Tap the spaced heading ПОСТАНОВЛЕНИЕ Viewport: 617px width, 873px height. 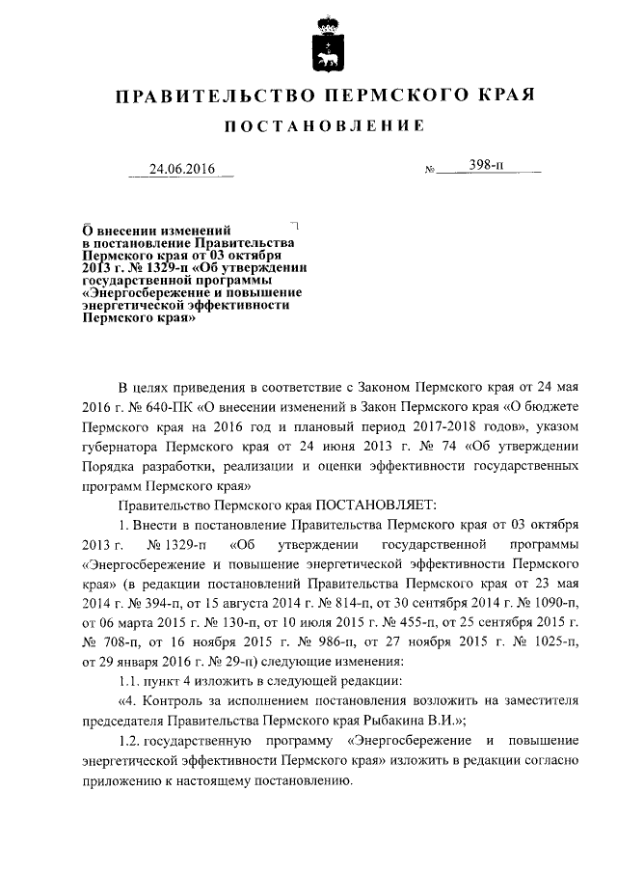(x=323, y=126)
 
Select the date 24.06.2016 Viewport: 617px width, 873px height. (x=181, y=170)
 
